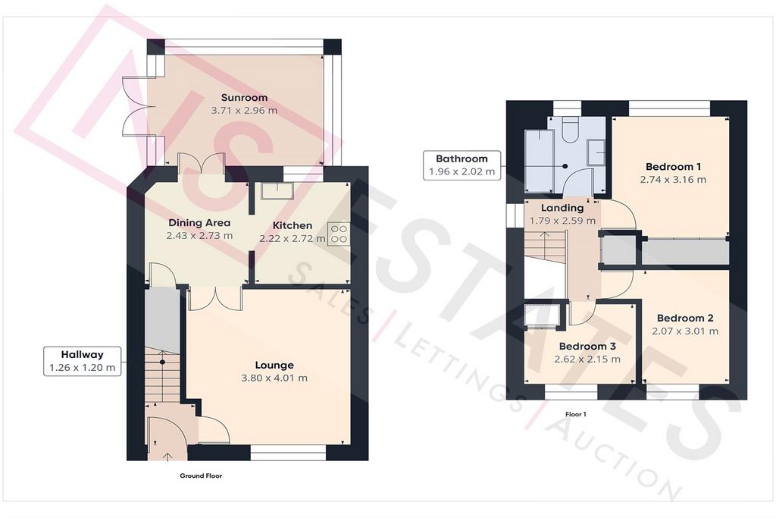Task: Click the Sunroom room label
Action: (x=244, y=98)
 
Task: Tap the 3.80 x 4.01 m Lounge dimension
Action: (x=274, y=378)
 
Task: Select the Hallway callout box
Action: (x=82, y=361)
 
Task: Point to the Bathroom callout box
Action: (x=462, y=165)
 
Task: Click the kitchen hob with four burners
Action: (x=339, y=234)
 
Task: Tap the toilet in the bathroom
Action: (x=571, y=129)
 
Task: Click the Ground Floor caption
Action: (x=201, y=476)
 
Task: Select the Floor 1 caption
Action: (x=576, y=414)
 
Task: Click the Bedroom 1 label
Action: (x=673, y=167)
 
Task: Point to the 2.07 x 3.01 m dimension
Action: (x=685, y=331)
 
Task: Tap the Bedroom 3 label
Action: (x=587, y=346)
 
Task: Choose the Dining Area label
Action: (x=199, y=223)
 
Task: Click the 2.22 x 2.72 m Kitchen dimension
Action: (x=293, y=238)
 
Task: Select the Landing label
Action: (x=562, y=208)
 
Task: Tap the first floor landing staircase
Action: (x=544, y=247)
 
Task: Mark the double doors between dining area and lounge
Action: (x=216, y=298)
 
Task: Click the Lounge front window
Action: (x=288, y=449)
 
